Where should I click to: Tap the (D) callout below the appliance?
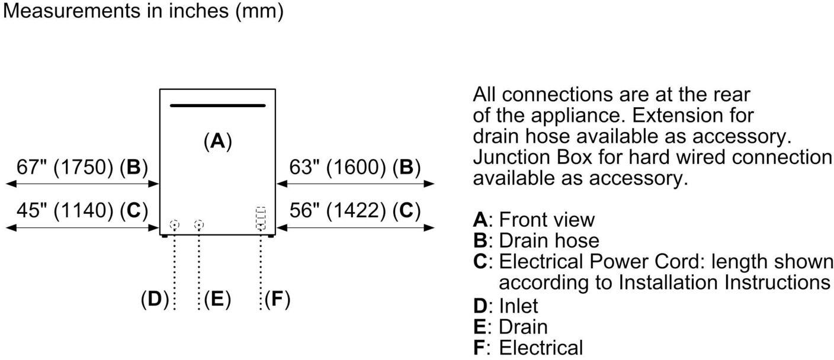(155, 300)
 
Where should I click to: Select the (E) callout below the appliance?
(217, 300)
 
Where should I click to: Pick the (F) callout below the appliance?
(277, 300)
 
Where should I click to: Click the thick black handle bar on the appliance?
(217, 105)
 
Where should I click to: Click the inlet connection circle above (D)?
(174, 224)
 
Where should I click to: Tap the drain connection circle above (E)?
(199, 224)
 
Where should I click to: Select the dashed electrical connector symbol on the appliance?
(261, 218)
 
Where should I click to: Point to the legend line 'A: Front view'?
(534, 220)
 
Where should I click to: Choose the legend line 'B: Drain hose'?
(536, 240)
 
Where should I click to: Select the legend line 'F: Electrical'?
(528, 348)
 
